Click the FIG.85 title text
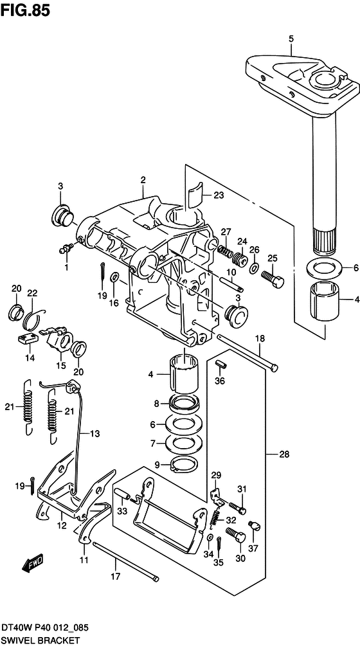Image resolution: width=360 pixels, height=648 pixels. [x=25, y=10]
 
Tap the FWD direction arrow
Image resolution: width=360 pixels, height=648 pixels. [x=33, y=563]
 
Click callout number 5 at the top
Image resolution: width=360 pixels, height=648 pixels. [x=291, y=39]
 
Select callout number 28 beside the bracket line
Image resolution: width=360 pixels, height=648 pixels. [x=284, y=455]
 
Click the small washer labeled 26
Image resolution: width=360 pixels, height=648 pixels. [x=254, y=269]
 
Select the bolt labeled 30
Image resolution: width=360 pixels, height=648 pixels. [x=235, y=536]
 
